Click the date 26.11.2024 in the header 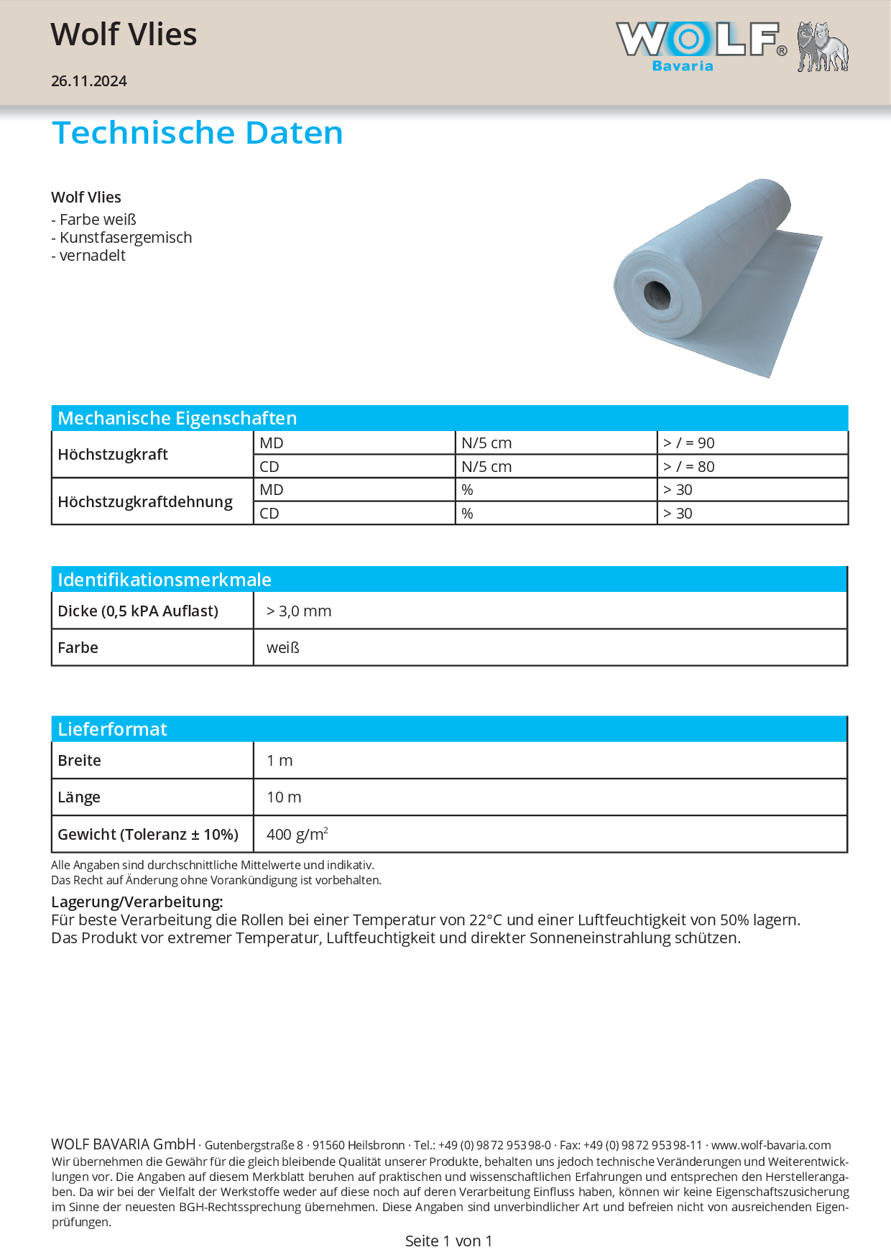click(x=89, y=81)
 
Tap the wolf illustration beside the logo click(x=822, y=47)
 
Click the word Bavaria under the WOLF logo click(x=682, y=66)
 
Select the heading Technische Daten click(x=198, y=133)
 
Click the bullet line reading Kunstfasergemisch click(x=122, y=238)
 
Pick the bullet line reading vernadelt click(x=89, y=256)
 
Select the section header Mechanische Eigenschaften click(x=177, y=418)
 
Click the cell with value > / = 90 click(x=688, y=443)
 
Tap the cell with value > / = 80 click(x=688, y=467)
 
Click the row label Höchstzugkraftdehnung click(x=145, y=501)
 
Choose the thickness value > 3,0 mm click(x=299, y=611)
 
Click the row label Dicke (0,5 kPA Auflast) click(x=138, y=611)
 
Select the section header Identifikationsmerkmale click(x=165, y=580)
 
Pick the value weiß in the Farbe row click(x=283, y=648)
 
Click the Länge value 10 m click(x=284, y=797)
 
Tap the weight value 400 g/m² click(x=297, y=835)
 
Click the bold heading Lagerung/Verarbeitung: click(x=137, y=902)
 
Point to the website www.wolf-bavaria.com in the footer click(x=770, y=1145)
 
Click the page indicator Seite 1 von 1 click(x=448, y=1241)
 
